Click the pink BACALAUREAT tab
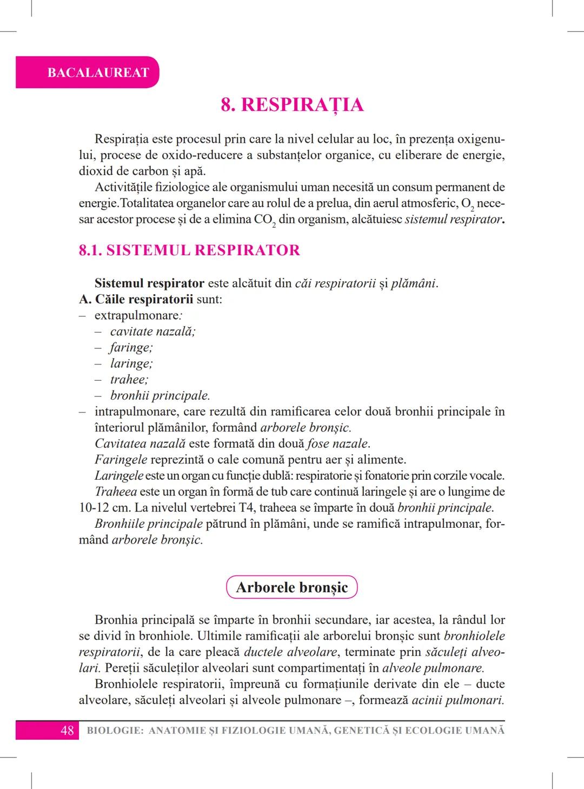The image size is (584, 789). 97,72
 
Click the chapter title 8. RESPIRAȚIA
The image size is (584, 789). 292,104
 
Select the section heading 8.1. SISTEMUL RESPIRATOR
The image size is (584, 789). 189,250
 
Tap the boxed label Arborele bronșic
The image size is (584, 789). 292,587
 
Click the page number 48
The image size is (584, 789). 67,731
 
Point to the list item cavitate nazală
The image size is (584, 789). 152,331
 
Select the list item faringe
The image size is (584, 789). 131,348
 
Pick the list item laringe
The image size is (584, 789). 131,363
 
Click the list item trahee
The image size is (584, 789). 129,380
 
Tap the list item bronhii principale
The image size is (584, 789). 160,396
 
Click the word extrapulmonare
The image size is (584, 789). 137,315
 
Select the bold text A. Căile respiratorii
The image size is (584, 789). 136,300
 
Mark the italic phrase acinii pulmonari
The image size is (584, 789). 457,700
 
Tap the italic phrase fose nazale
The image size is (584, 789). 338,444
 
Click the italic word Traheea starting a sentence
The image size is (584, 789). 115,492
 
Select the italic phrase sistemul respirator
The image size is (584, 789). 453,220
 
